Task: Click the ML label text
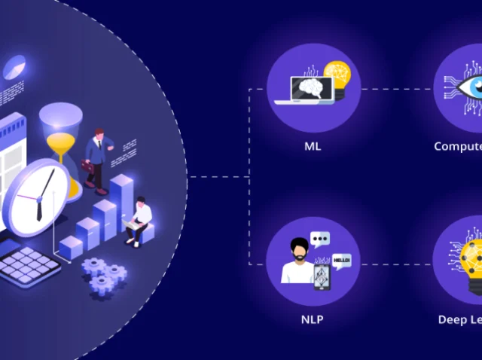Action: [313, 146]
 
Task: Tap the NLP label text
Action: [313, 319]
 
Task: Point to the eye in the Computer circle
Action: [468, 87]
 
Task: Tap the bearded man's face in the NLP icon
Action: [299, 249]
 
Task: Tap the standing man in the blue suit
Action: [96, 157]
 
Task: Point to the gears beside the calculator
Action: [102, 274]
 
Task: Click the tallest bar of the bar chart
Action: [121, 203]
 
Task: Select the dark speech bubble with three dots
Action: [321, 239]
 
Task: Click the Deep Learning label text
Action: [460, 319]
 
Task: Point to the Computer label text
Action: [458, 146]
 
